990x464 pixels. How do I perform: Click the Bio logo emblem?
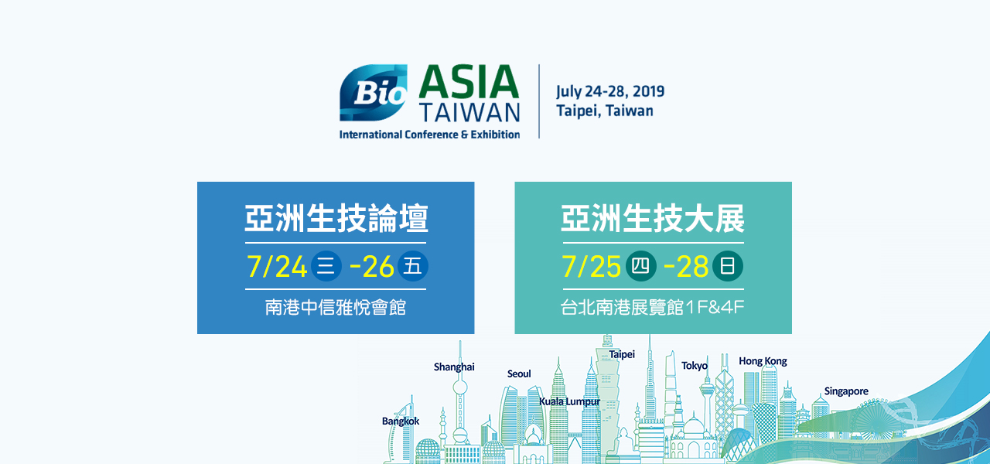[x=374, y=93]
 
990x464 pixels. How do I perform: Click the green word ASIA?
[x=469, y=82]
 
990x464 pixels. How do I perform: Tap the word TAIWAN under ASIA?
[x=469, y=113]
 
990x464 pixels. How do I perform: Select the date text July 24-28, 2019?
[x=610, y=91]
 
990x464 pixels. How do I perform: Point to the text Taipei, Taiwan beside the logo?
[x=605, y=111]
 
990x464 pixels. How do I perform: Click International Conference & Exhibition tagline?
[x=429, y=135]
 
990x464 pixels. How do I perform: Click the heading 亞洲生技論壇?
[x=336, y=218]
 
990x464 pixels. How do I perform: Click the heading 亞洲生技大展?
[x=653, y=218]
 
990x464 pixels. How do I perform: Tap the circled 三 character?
[x=326, y=266]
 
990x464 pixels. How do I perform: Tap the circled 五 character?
[x=413, y=266]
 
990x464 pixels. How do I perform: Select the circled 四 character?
[x=641, y=266]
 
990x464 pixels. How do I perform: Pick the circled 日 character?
[x=728, y=266]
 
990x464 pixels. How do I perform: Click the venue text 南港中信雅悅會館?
[x=336, y=308]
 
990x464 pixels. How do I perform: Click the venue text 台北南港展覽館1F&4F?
[x=652, y=308]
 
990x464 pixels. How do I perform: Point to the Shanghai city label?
[x=454, y=367]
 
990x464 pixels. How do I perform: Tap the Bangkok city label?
[x=401, y=421]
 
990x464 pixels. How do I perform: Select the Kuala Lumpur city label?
[x=570, y=401]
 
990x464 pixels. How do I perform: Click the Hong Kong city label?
[x=763, y=361]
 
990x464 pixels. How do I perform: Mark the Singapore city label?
[x=846, y=391]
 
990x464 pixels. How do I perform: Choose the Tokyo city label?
[x=695, y=366]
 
